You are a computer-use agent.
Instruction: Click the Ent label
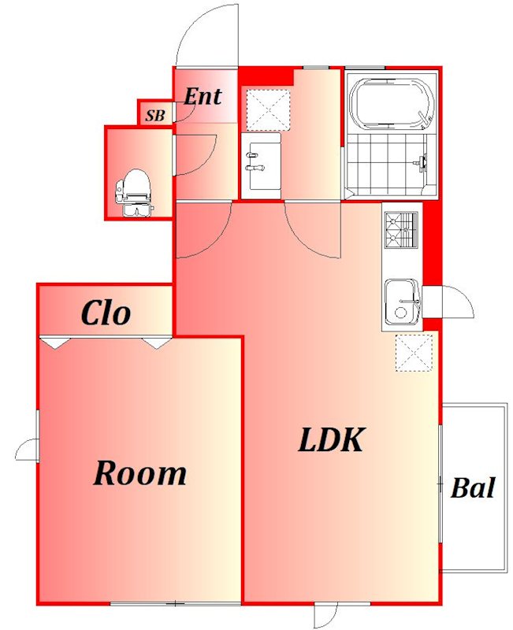point(203,96)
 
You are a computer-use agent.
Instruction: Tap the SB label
point(155,116)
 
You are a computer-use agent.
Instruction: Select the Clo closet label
point(106,313)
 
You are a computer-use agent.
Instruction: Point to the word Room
point(140,473)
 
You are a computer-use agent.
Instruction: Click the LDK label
point(331,440)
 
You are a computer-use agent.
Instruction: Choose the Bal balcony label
point(472,487)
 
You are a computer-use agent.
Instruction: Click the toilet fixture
point(133,192)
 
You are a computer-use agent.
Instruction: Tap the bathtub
point(392,103)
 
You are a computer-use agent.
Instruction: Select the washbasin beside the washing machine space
point(261,165)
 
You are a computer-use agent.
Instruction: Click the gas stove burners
point(401,229)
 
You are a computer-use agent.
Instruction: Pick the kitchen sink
point(403,302)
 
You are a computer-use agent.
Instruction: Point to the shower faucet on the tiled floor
point(422,163)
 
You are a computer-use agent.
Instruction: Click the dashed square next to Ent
point(268,110)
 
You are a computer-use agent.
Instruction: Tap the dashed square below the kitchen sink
point(414,352)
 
